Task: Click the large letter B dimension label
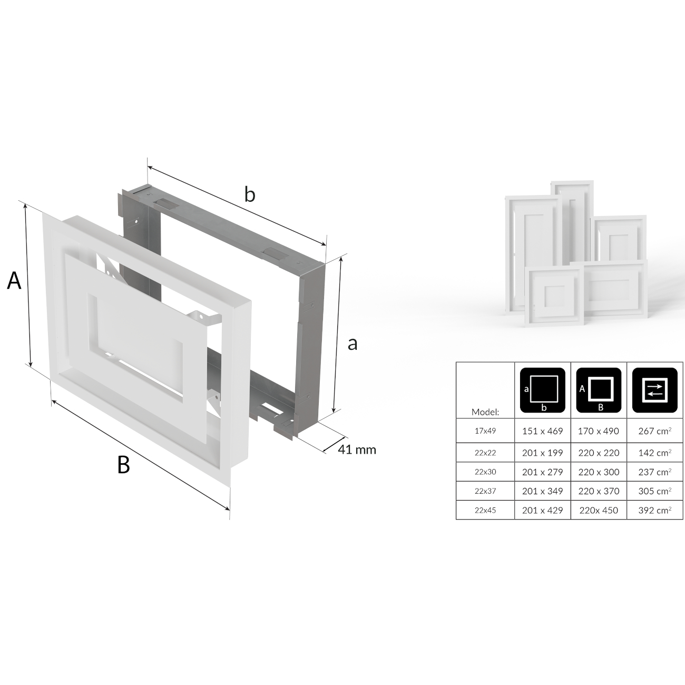(123, 465)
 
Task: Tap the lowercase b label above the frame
(250, 195)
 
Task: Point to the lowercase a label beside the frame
(353, 344)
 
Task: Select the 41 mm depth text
(357, 449)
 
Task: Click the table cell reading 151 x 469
(542, 431)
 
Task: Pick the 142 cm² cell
(655, 453)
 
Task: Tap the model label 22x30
(485, 472)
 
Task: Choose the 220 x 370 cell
(599, 491)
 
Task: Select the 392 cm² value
(655, 510)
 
